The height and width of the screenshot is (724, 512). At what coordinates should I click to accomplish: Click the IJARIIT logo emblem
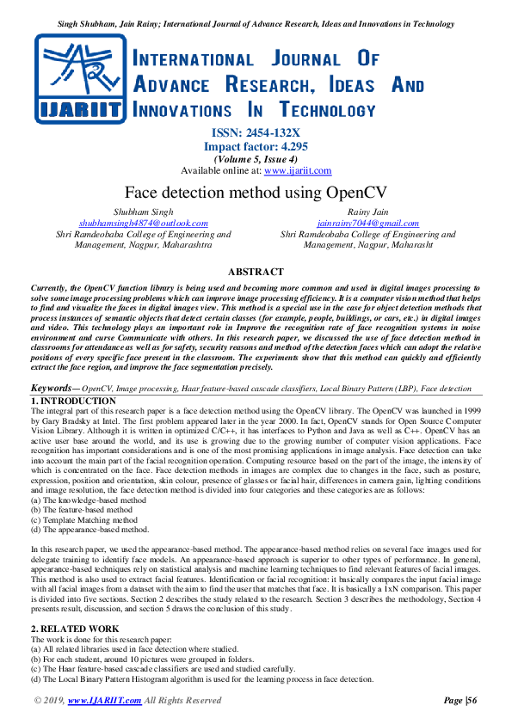point(82,77)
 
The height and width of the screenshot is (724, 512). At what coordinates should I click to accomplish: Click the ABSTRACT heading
point(256,272)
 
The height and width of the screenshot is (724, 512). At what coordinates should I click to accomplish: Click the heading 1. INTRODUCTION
point(73,401)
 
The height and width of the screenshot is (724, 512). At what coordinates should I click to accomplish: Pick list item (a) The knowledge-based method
point(88,500)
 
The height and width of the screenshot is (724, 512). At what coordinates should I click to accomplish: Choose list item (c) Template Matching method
point(83,519)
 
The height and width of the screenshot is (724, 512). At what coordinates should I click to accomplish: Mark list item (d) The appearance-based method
point(89,530)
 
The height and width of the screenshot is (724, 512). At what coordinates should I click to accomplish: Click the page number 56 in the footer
point(471,701)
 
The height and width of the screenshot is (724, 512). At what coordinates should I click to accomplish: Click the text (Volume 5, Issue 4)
point(256,158)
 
